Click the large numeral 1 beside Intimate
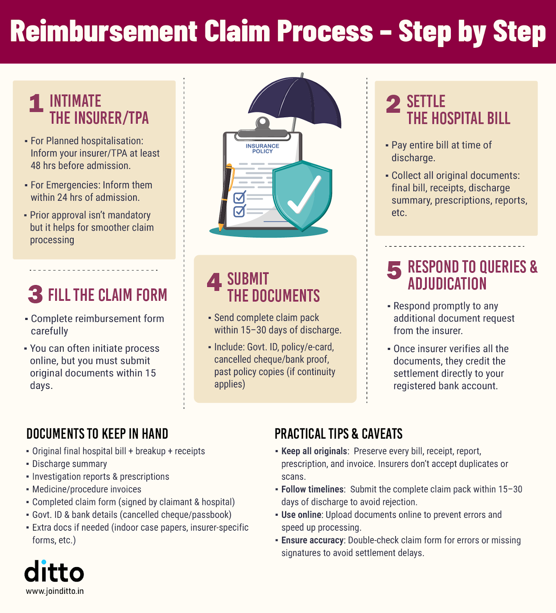pyautogui.click(x=36, y=103)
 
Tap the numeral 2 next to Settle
pyautogui.click(x=393, y=104)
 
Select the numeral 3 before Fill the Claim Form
pyautogui.click(x=35, y=295)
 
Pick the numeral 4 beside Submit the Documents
pyautogui.click(x=214, y=282)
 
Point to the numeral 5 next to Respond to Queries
pyautogui.click(x=394, y=270)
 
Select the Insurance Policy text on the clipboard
pyautogui.click(x=262, y=149)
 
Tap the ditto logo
pyautogui.click(x=54, y=572)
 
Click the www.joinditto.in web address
pyautogui.click(x=55, y=591)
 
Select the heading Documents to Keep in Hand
pyautogui.click(x=97, y=434)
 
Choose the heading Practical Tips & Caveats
pyautogui.click(x=338, y=434)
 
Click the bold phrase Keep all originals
pyautogui.click(x=314, y=451)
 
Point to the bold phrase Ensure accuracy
pyautogui.click(x=313, y=540)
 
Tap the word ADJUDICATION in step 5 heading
pyautogui.click(x=447, y=284)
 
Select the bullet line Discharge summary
pyautogui.click(x=69, y=464)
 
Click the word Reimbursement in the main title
pyautogui.click(x=104, y=31)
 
